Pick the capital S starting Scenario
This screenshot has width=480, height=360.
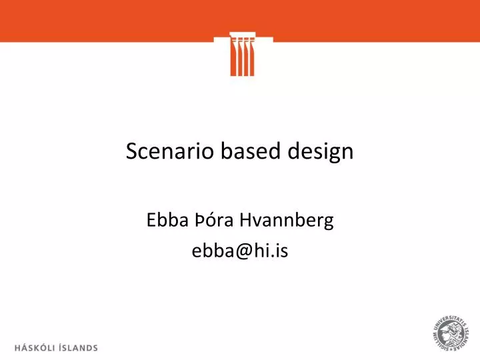pos(131,152)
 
